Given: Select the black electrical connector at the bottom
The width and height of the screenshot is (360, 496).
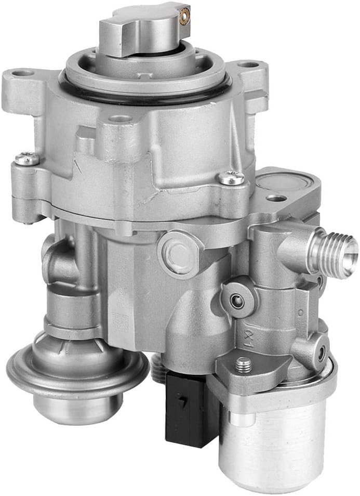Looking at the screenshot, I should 185,411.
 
